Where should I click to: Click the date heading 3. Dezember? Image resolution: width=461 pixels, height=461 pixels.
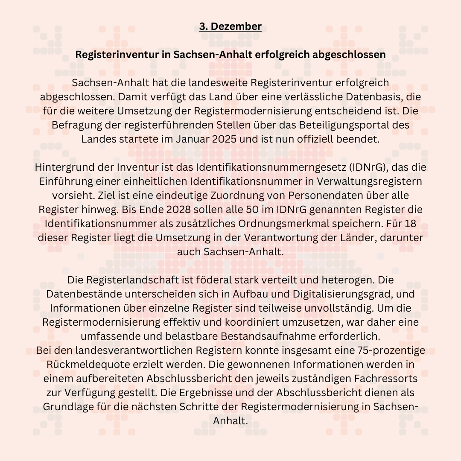point(230,26)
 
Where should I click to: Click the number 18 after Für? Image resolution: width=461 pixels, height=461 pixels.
point(410,224)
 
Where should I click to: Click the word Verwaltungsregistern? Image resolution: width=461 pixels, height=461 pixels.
point(366,181)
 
